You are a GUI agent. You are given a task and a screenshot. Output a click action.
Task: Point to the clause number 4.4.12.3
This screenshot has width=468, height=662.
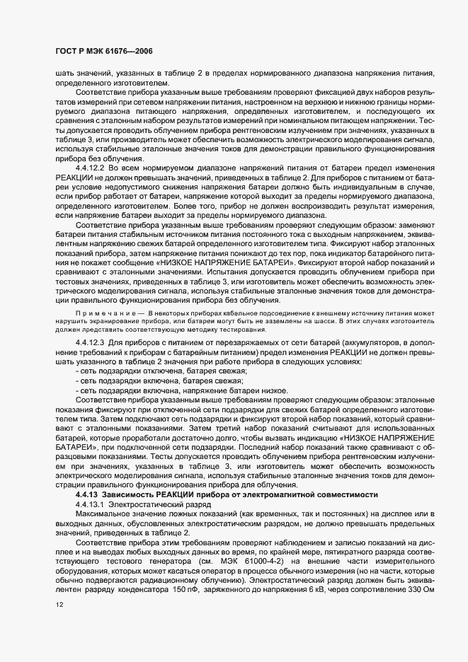point(90,343)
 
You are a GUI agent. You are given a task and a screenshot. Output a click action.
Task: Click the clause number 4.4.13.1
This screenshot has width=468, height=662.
point(90,504)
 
